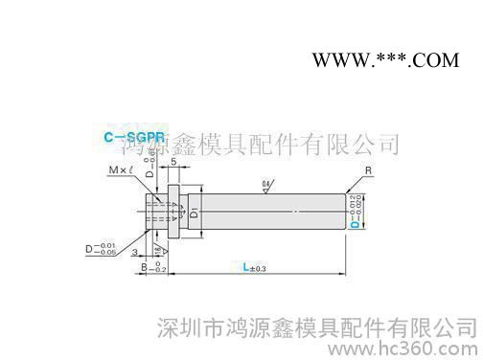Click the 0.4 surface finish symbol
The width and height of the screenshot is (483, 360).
click(x=265, y=184)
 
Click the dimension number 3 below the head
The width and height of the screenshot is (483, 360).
click(x=137, y=251)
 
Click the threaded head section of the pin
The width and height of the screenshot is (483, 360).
click(x=154, y=214)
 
